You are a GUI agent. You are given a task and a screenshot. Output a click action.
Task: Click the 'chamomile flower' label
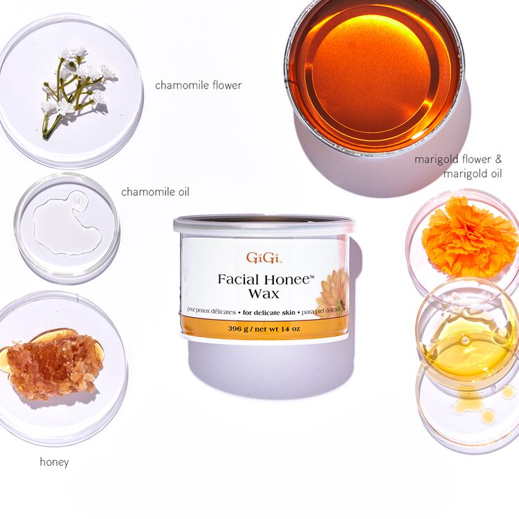pyautogui.click(x=199, y=85)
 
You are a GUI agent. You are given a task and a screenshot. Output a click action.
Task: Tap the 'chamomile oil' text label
pyautogui.click(x=155, y=192)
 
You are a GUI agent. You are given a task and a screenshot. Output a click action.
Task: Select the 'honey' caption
pyautogui.click(x=54, y=462)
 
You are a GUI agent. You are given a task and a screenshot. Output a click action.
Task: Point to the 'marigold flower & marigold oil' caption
pyautogui.click(x=458, y=166)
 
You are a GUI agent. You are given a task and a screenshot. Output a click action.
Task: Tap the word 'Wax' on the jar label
pyautogui.click(x=264, y=293)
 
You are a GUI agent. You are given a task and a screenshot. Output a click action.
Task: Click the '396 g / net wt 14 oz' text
pyautogui.click(x=264, y=329)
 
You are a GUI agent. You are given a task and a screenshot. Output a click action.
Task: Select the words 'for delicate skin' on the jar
pyautogui.click(x=268, y=313)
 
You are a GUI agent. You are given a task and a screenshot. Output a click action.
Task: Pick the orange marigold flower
pyautogui.click(x=469, y=237)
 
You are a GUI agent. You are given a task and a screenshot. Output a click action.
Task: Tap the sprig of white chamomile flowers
pyautogui.click(x=78, y=91)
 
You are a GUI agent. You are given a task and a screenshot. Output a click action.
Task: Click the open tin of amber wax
pyautogui.click(x=374, y=77)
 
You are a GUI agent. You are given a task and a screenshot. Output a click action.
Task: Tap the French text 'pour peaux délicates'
pyautogui.click(x=212, y=312)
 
